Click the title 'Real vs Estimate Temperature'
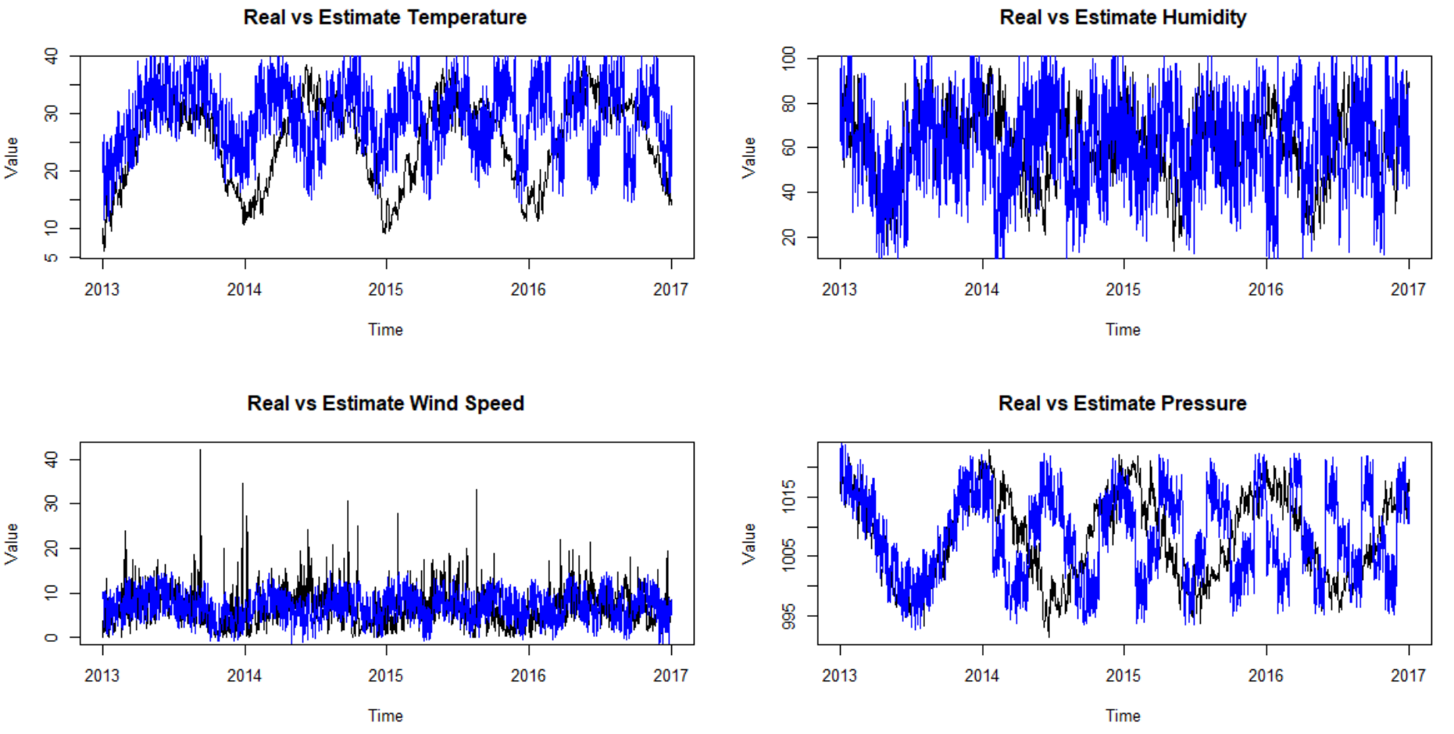tap(384, 17)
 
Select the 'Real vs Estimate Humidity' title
tap(1123, 17)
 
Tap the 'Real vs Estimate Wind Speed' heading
tap(385, 403)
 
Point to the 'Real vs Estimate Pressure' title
tap(1122, 403)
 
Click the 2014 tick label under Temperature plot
tap(245, 290)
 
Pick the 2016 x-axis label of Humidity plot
tap(1266, 290)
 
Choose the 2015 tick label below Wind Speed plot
tap(386, 676)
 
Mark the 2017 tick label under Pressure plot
tap(1408, 676)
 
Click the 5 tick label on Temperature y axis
tap(52, 257)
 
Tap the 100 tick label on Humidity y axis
tap(789, 56)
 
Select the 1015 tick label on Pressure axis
tap(789, 496)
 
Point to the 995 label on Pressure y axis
tap(789, 616)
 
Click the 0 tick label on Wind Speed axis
tap(52, 638)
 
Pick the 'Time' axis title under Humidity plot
tap(1123, 330)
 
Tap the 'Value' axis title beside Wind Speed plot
tap(12, 543)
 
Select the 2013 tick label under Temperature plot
tap(102, 290)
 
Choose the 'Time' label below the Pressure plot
tap(1123, 716)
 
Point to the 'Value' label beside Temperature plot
tap(12, 157)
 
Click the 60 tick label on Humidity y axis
tap(789, 148)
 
